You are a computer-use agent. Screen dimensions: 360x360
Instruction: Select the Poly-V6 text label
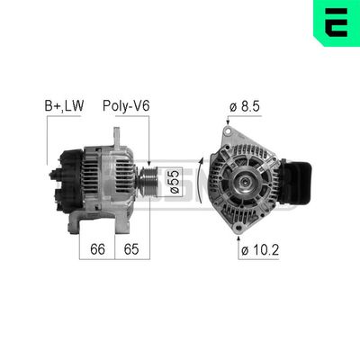126,105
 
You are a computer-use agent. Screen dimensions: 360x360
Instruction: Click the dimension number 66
97,248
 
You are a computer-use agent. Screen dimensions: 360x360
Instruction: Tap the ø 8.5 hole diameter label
244,105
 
